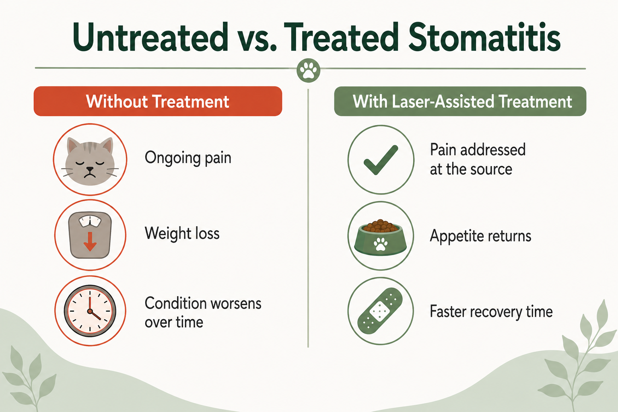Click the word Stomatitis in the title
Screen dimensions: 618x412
click(484, 37)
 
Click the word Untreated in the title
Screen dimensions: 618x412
click(150, 37)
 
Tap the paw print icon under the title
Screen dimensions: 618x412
click(309, 71)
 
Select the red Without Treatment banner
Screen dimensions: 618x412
click(158, 101)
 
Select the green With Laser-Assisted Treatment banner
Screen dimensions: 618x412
click(460, 101)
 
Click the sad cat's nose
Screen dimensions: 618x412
click(90, 169)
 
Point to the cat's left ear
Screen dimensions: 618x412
click(73, 146)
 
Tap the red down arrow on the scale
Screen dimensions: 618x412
click(90, 241)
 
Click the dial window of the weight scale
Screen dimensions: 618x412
click(90, 221)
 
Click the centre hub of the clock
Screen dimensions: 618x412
click(90, 311)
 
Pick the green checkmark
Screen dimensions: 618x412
click(381, 160)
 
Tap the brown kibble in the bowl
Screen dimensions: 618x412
click(381, 226)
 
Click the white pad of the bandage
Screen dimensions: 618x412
click(380, 311)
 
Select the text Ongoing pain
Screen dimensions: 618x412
click(188, 158)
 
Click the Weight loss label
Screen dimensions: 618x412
click(182, 233)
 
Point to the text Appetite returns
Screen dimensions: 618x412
click(480, 236)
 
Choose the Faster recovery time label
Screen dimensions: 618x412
click(491, 311)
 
